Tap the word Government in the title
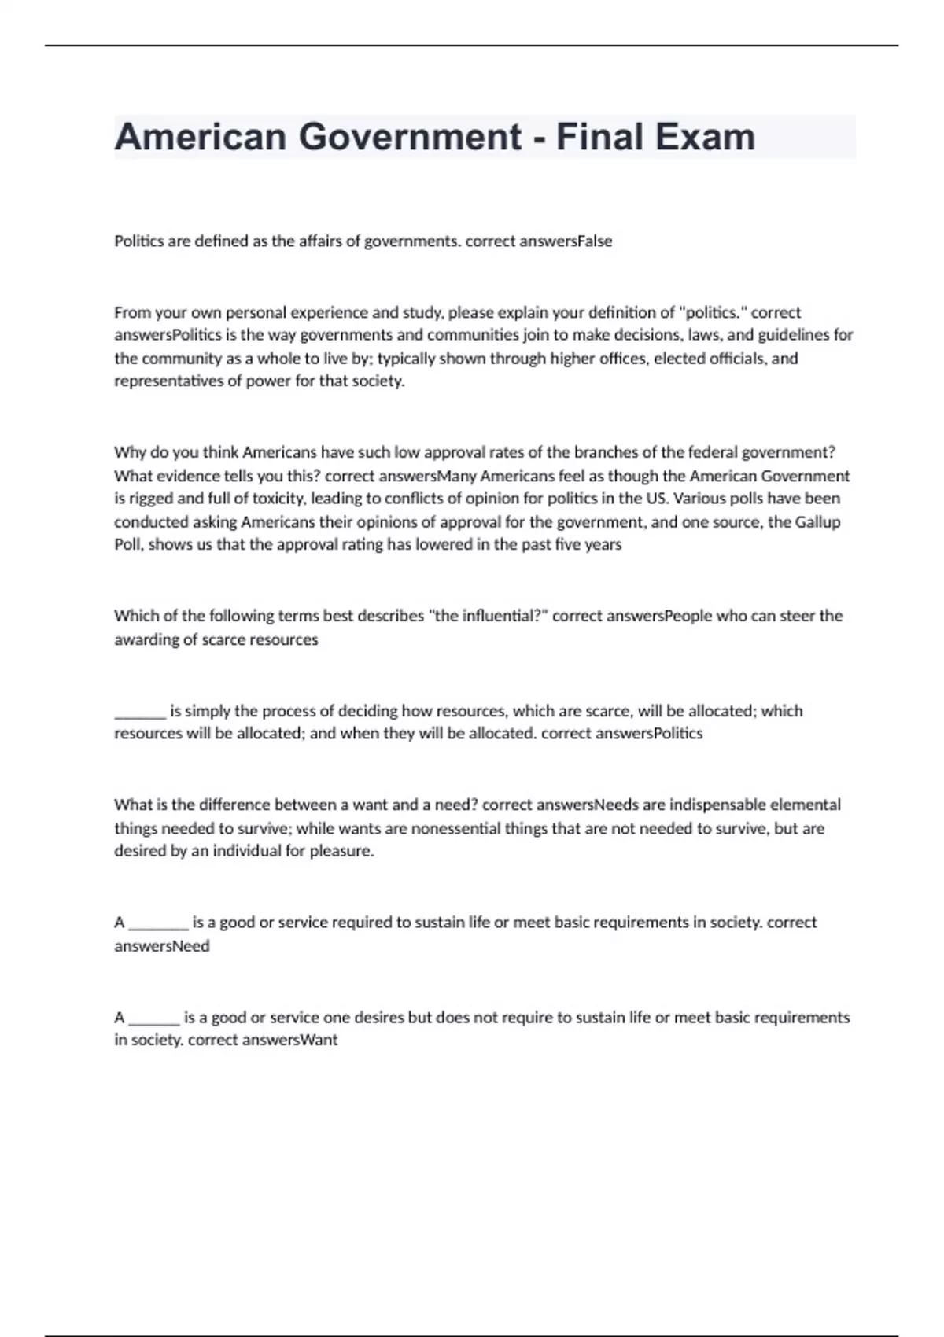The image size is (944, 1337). tap(410, 137)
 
